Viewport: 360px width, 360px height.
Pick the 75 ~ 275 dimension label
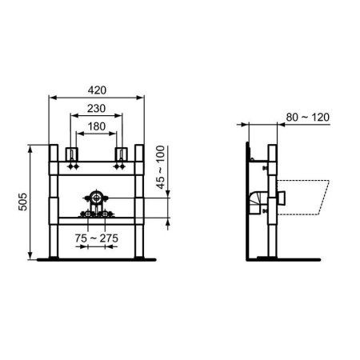[96, 239]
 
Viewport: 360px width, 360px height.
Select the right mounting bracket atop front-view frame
[123, 154]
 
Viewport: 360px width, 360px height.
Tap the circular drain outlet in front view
[96, 196]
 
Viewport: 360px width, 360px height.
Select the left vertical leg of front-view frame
[53, 200]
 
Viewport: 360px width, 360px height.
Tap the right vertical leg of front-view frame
[140, 200]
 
